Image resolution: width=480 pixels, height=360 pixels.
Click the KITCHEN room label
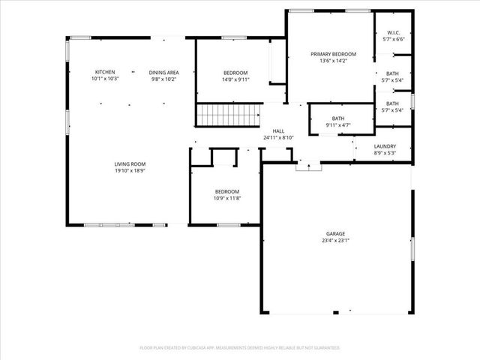(104, 71)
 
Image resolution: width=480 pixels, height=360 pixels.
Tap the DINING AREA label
(163, 71)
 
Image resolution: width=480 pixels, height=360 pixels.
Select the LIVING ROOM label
(130, 163)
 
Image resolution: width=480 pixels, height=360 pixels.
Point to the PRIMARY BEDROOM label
(333, 54)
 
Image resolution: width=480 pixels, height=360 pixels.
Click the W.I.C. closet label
(393, 33)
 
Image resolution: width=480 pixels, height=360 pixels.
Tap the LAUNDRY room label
(385, 146)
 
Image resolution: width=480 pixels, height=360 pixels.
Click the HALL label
(278, 130)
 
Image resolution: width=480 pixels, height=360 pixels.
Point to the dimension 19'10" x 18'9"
(130, 170)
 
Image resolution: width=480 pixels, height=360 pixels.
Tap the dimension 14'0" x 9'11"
(235, 79)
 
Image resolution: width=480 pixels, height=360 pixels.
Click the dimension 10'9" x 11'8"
(227, 198)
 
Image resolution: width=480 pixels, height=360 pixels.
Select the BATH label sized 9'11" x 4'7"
(338, 118)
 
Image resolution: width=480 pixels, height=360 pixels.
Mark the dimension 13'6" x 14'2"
(333, 61)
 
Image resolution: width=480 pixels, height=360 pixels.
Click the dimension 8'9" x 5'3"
(385, 153)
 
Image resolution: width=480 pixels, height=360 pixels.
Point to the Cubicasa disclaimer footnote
(240, 348)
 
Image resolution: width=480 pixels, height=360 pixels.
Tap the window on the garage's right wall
(411, 249)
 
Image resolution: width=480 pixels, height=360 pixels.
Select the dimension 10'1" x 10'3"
(104, 78)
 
